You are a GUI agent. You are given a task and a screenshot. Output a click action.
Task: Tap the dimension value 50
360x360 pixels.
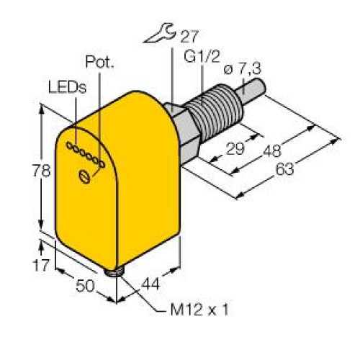point(85,287)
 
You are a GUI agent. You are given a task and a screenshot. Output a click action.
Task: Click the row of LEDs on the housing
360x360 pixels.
point(84,155)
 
